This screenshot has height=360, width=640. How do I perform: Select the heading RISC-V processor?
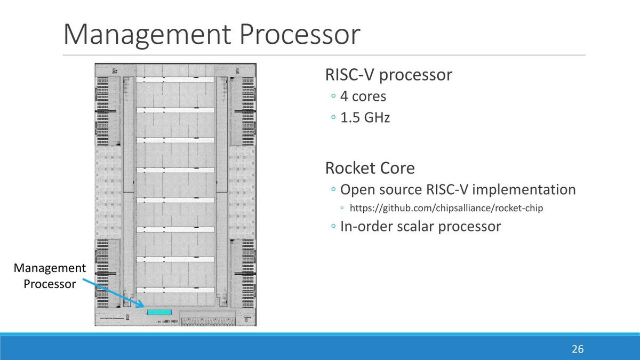(388, 75)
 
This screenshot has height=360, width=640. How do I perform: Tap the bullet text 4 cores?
(363, 97)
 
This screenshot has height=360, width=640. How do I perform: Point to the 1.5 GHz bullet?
(365, 117)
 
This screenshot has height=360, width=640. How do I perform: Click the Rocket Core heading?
(370, 169)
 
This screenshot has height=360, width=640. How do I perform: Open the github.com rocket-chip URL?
(446, 208)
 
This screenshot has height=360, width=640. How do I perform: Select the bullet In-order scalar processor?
(420, 227)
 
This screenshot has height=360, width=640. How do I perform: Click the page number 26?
(578, 349)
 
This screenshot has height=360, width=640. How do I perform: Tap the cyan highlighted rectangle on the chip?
(159, 311)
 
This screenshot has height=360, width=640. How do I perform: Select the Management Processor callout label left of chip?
(50, 276)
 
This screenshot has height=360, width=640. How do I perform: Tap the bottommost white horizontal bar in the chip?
(175, 290)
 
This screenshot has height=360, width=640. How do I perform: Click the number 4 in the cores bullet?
(344, 97)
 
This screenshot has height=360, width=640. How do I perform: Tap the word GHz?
(377, 117)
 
